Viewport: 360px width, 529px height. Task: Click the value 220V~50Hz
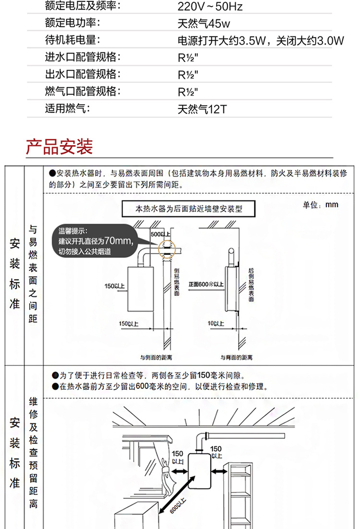210,7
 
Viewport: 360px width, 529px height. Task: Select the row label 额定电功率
73,24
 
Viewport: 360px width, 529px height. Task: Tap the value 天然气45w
204,24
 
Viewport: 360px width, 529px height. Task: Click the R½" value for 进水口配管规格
188,58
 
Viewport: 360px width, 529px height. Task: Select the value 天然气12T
202,109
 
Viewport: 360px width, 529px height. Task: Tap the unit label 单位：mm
321,205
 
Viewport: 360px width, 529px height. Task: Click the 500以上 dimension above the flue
160,234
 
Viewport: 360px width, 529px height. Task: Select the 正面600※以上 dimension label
206,284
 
